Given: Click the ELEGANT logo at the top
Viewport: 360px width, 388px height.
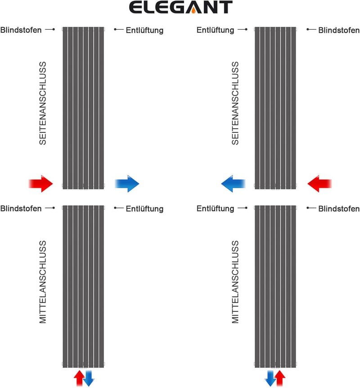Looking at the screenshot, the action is click(180, 7).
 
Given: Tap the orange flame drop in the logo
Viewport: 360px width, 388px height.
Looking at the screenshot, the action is click(193, 10).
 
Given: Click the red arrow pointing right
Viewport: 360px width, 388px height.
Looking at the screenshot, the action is click(41, 184).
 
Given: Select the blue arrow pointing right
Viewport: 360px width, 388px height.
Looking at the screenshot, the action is click(127, 184).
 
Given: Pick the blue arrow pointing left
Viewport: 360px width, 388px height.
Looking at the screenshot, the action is click(233, 184).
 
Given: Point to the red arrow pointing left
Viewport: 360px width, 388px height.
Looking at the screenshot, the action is click(319, 184).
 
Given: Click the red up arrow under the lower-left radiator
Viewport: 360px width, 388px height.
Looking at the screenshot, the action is click(79, 378).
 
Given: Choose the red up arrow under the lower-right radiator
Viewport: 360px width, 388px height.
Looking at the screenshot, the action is click(280, 378).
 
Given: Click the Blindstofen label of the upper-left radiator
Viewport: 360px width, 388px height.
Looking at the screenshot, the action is click(21, 30).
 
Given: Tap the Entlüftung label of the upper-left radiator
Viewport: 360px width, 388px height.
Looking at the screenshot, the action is click(145, 30).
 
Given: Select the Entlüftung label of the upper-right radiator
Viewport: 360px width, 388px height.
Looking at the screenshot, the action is click(215, 30).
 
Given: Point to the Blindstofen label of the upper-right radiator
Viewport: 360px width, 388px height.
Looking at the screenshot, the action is click(339, 30).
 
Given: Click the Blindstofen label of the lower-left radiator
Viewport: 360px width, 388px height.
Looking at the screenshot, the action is click(21, 208).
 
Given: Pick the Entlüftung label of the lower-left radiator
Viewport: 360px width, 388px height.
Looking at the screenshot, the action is click(145, 209).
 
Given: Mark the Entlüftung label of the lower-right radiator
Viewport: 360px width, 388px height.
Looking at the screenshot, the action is click(215, 208).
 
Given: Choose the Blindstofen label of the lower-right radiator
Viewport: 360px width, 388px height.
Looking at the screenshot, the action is click(339, 209).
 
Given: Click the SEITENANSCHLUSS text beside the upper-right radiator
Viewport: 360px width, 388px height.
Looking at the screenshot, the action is click(235, 103).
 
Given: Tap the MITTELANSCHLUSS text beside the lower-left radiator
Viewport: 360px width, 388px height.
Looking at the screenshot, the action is click(43, 282).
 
